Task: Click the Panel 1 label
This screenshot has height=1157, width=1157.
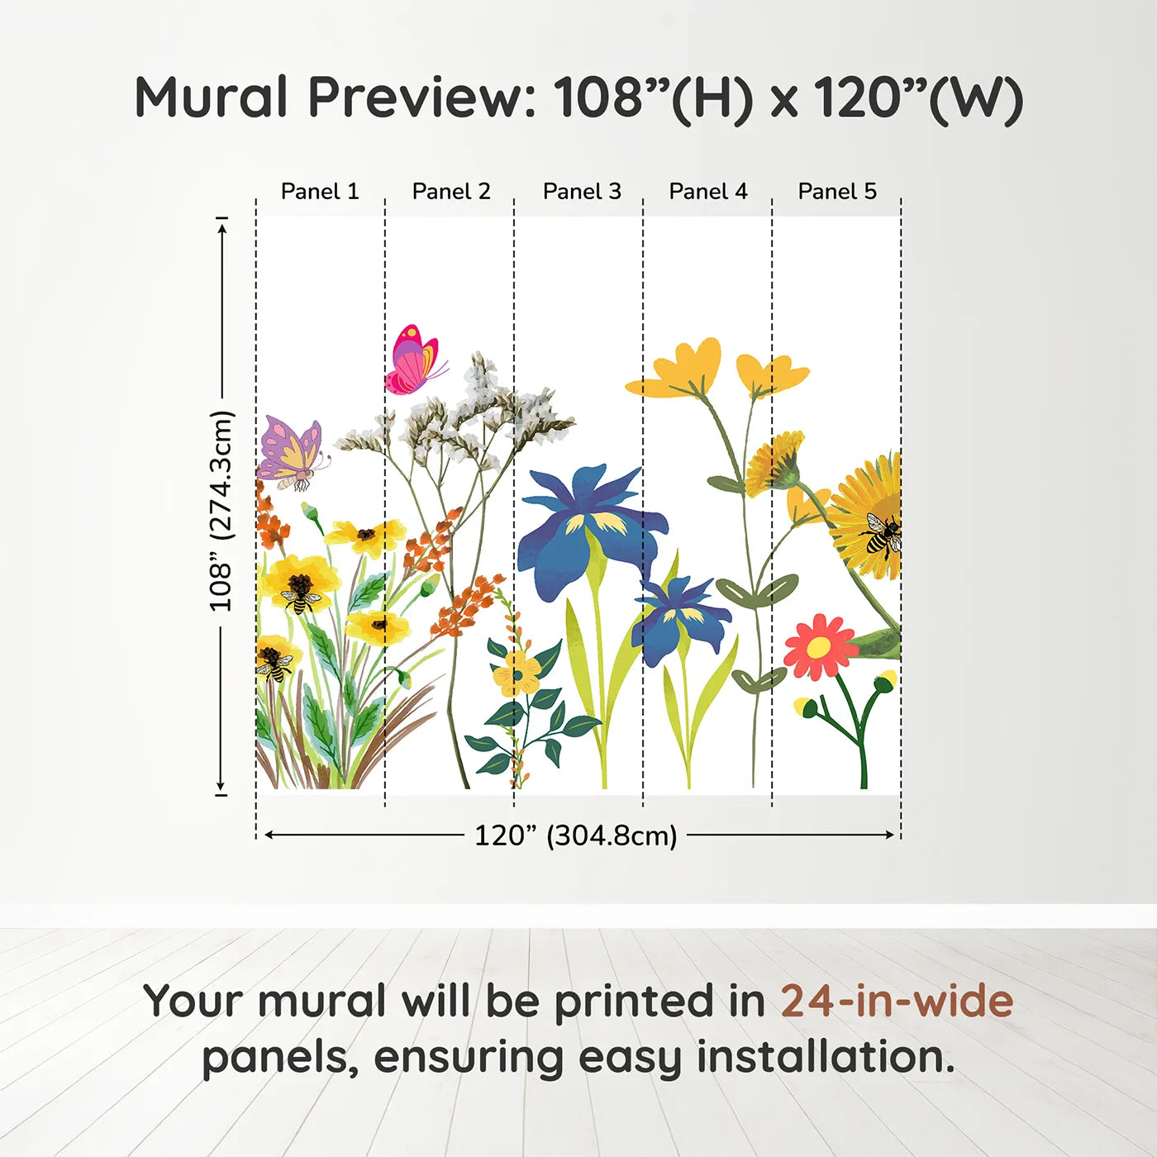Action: pos(320,192)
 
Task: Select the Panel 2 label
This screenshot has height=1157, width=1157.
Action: pos(451,192)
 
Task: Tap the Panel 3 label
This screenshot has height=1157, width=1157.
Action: pos(582,192)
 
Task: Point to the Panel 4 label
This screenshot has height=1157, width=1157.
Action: pos(708,192)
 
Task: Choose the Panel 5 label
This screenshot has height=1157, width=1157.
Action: pos(837,192)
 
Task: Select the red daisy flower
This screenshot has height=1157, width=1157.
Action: pos(818,646)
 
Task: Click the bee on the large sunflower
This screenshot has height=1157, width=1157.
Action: pos(881,533)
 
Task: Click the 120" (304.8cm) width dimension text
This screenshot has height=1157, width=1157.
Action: pos(576,836)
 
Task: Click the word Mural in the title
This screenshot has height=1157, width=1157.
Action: pos(212,98)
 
